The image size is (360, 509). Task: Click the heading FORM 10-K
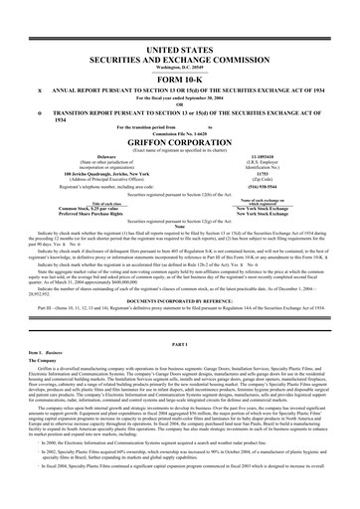[x=180, y=53]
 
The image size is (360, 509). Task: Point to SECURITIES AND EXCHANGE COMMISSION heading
[x=180, y=32]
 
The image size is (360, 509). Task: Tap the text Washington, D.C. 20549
[x=180, y=41]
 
